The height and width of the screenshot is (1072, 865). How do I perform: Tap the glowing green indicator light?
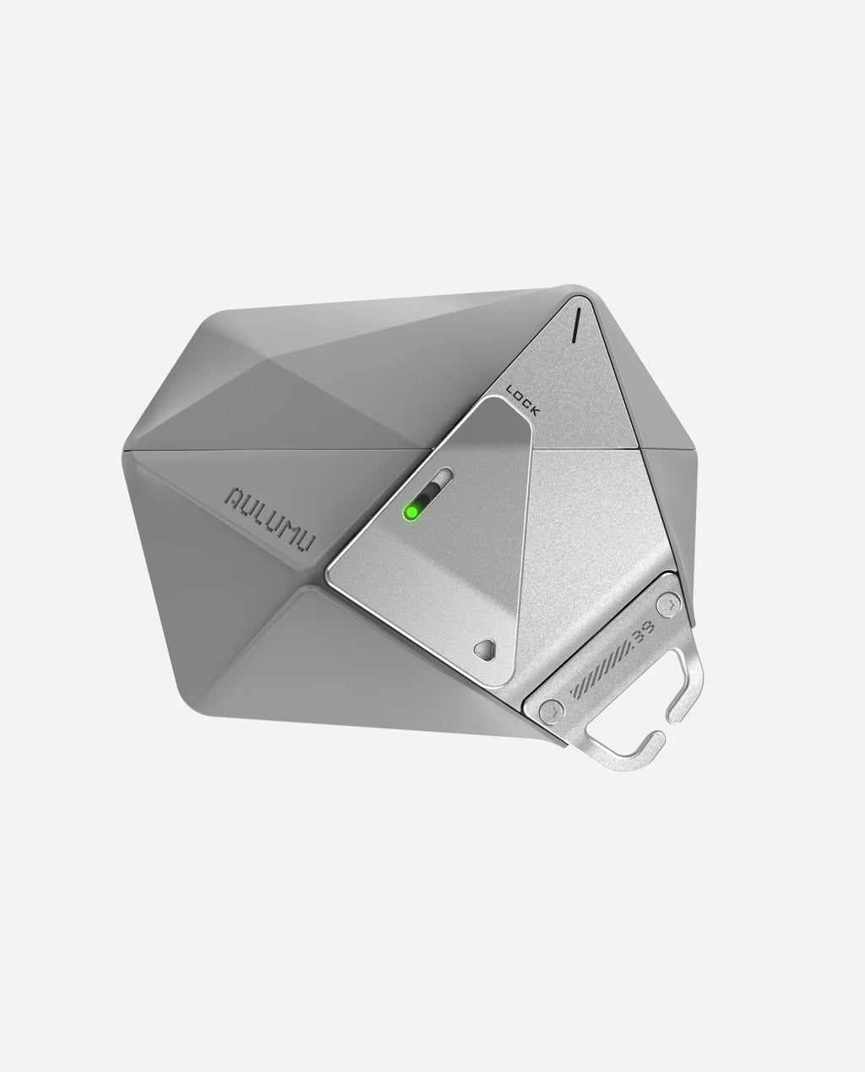click(412, 512)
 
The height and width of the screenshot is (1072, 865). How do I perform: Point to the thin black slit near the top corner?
click(575, 324)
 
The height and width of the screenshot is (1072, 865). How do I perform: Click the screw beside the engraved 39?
click(668, 604)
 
